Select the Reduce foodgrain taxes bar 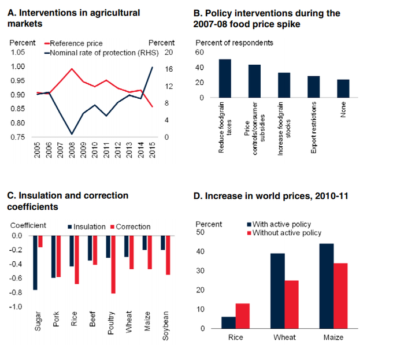point(225,78)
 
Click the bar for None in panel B point(343,88)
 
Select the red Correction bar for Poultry point(113,265)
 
